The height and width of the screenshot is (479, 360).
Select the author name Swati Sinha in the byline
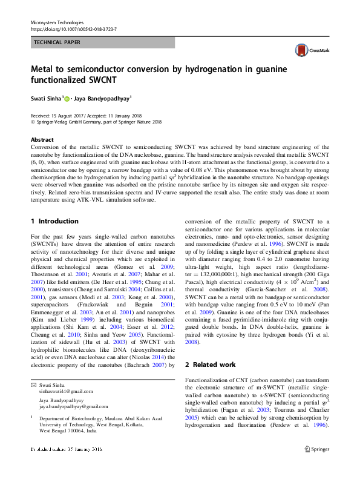tap(45, 97)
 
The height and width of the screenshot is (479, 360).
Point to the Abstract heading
tap(42, 139)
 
